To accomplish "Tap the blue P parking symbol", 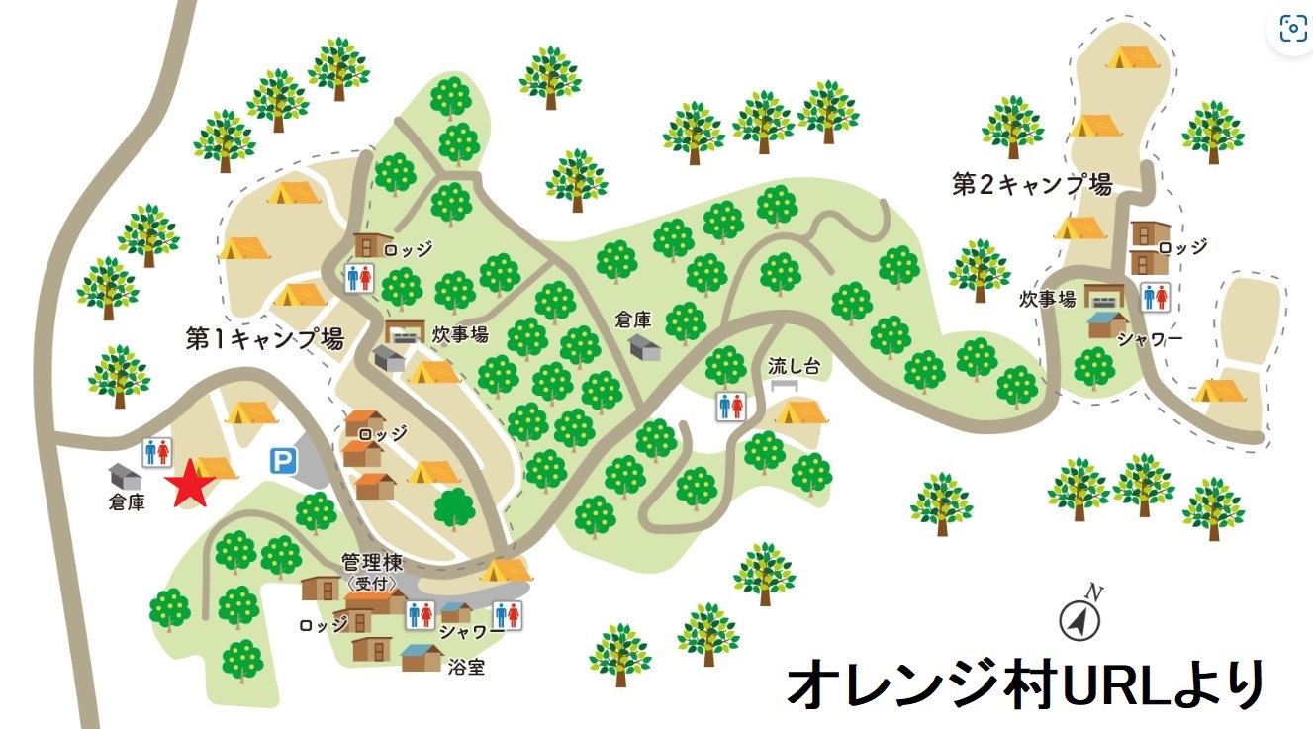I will click(x=284, y=460).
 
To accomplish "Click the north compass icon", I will click(x=1080, y=619).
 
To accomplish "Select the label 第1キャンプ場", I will click(x=264, y=339).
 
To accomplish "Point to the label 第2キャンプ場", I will click(x=1032, y=185).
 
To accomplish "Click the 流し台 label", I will click(x=795, y=365).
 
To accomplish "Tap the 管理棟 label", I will click(x=372, y=562).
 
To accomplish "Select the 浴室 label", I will click(x=464, y=667).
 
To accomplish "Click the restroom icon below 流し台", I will click(x=730, y=407).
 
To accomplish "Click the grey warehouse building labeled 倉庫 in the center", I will click(x=646, y=347).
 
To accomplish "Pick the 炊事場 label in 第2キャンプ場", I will click(x=1049, y=299).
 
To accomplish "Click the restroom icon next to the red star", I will click(x=158, y=452).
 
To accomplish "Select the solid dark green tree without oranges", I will click(x=455, y=507).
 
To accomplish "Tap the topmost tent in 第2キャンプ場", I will click(x=1131, y=58).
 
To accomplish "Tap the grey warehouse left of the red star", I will click(x=126, y=476).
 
